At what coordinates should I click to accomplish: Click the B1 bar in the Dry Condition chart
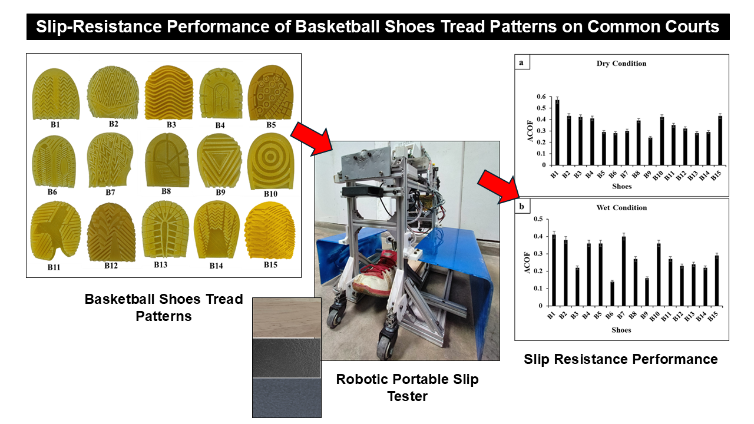[557, 132]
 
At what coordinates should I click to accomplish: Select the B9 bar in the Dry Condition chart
[650, 151]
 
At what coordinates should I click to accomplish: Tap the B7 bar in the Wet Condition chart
[624, 271]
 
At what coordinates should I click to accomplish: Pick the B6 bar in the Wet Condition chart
[612, 293]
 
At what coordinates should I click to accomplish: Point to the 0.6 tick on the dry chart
[541, 97]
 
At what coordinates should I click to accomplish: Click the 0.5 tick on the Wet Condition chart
[538, 219]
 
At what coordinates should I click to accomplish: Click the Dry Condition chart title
[621, 63]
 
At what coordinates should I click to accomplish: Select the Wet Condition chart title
[621, 208]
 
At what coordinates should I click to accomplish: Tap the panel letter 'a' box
[522, 62]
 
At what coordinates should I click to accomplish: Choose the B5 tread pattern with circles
[270, 92]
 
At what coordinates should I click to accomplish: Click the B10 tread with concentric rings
[270, 161]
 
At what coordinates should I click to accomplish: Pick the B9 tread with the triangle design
[220, 161]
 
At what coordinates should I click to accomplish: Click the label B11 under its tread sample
[54, 267]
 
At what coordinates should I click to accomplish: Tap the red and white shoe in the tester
[374, 274]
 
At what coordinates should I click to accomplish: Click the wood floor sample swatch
[287, 317]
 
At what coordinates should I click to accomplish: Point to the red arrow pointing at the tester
[312, 138]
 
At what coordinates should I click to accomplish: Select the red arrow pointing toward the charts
[498, 187]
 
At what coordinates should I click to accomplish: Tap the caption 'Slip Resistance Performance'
[621, 359]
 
